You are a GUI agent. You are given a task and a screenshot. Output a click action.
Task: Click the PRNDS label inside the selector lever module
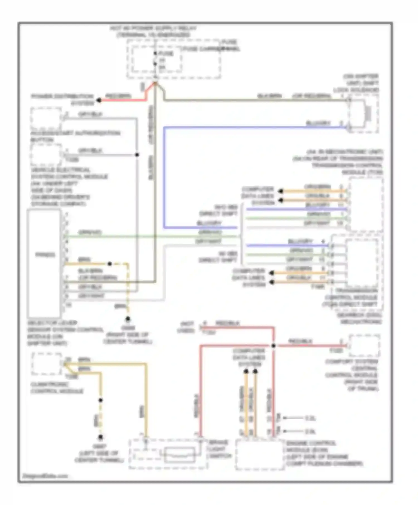[x=45, y=255]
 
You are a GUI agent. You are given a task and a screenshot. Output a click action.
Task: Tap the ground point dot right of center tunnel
[x=128, y=318]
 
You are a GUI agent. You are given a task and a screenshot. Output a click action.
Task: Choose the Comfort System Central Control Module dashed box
[x=364, y=346]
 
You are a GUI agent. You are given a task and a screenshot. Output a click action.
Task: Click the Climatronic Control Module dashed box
[x=46, y=364]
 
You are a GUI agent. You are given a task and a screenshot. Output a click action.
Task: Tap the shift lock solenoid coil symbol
[x=368, y=114]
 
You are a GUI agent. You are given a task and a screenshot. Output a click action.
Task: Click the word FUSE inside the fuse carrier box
[x=166, y=53]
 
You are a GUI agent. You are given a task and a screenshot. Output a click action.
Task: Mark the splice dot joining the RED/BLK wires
[x=274, y=346]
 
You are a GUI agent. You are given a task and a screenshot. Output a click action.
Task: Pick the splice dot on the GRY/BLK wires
[x=137, y=155]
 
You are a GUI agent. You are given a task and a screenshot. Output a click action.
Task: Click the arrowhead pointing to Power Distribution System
[x=99, y=100]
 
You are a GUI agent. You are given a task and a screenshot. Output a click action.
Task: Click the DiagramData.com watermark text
[x=45, y=476]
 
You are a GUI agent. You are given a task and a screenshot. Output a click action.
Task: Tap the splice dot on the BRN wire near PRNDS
[x=110, y=264]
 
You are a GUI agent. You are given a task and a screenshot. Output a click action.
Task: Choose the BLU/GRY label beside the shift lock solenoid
[x=318, y=123]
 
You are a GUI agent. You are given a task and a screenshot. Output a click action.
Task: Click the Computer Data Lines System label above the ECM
[x=249, y=357]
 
